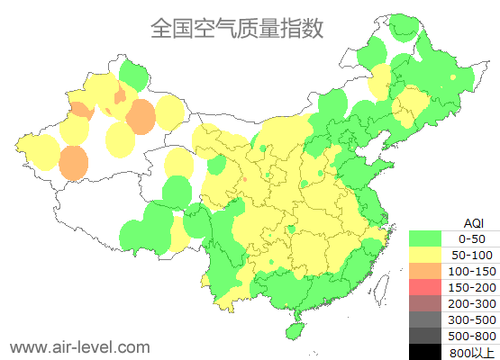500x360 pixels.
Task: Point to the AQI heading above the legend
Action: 473,222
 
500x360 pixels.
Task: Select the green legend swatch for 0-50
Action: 426,238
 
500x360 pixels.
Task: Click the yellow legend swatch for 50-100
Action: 426,255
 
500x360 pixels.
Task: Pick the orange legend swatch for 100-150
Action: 426,271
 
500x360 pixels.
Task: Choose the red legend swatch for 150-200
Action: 426,287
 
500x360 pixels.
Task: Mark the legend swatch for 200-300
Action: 426,303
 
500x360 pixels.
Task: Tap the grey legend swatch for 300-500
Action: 426,319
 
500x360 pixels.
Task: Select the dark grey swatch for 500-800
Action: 426,336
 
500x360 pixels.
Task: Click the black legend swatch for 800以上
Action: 426,352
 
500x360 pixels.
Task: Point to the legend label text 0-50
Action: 472,238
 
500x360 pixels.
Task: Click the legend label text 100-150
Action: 472,271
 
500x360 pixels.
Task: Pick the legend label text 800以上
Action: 472,352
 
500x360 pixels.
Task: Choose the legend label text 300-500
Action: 472,319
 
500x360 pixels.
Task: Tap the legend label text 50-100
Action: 472,255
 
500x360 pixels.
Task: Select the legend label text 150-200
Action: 472,287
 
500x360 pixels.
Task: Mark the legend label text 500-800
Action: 472,336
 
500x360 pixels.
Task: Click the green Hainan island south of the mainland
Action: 293,330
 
